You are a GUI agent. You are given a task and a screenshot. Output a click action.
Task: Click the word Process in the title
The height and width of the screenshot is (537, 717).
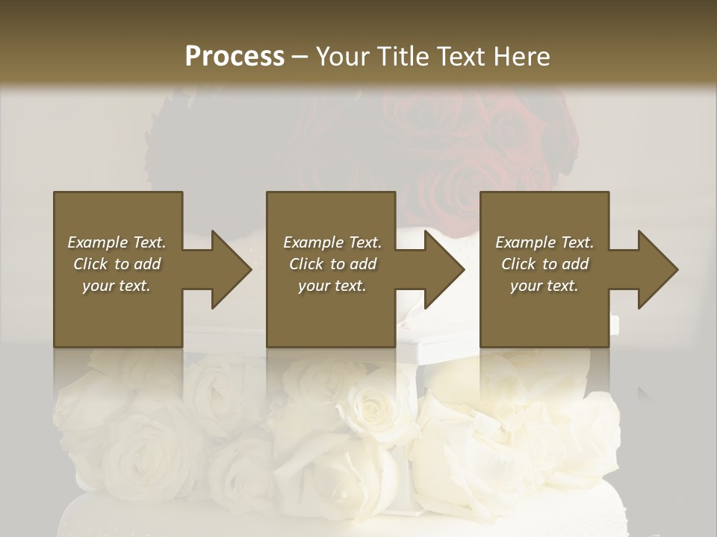(x=235, y=57)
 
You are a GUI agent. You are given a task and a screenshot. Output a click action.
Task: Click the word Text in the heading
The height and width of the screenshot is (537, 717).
(x=460, y=57)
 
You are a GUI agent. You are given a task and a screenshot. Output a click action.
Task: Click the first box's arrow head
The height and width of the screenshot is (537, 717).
(x=229, y=269)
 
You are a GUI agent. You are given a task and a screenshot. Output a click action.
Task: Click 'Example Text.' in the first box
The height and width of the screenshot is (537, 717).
(x=117, y=242)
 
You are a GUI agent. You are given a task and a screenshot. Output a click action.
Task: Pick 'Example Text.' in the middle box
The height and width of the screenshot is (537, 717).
(x=332, y=242)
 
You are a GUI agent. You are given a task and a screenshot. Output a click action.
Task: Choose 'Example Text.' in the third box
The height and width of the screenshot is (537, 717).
(x=544, y=242)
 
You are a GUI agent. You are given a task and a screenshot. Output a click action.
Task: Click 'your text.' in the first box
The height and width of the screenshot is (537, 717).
(x=117, y=286)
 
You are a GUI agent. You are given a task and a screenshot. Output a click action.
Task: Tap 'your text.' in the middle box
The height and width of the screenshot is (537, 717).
(x=332, y=286)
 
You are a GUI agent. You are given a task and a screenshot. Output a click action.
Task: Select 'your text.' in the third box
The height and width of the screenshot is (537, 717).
(x=544, y=286)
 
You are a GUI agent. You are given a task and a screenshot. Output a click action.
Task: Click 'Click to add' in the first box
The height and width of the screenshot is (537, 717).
(x=117, y=264)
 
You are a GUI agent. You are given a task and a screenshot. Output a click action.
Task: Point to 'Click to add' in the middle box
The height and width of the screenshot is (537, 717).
(x=332, y=264)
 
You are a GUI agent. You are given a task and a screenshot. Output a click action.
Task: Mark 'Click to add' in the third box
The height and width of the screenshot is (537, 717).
(x=544, y=264)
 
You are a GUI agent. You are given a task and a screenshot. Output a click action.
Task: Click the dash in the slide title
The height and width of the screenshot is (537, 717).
(x=300, y=57)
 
